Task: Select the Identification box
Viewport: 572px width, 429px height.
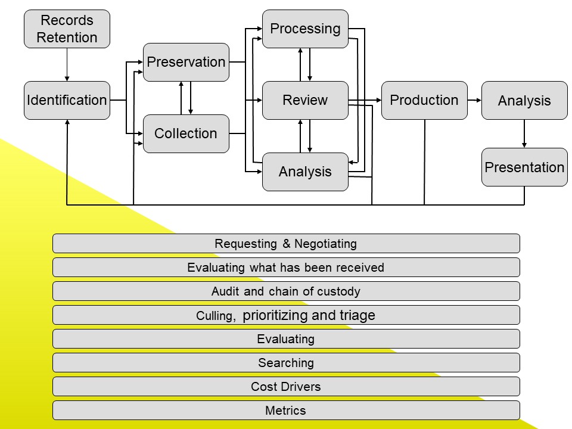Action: tap(67, 100)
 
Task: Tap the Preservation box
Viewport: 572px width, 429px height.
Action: tap(186, 62)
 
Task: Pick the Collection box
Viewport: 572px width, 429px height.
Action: tap(186, 133)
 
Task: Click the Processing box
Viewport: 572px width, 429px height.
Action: tap(305, 29)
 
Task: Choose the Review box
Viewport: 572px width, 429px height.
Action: tap(305, 100)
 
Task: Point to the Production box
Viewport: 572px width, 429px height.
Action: tap(424, 100)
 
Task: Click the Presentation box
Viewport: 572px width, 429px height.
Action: tap(524, 167)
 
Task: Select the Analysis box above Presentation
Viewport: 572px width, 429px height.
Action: tap(524, 101)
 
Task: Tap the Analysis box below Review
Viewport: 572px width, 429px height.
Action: tap(305, 172)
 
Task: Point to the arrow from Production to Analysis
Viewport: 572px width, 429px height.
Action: tap(474, 100)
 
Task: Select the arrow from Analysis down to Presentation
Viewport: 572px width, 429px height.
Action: tap(524, 133)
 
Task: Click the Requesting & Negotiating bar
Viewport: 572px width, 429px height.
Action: tap(286, 243)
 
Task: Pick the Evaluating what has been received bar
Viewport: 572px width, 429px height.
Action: tap(286, 268)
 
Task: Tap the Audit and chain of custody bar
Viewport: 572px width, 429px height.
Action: tap(286, 291)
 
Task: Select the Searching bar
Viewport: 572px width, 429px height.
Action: tap(286, 363)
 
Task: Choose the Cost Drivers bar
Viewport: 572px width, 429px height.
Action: tap(286, 387)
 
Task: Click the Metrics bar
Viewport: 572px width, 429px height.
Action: tap(286, 411)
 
